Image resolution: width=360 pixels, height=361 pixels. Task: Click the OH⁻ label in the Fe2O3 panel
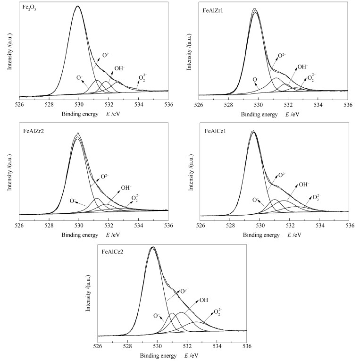(119, 68)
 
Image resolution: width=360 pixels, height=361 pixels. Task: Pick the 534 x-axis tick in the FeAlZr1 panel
(318, 104)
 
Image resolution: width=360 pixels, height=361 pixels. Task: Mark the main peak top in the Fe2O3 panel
(78, 6)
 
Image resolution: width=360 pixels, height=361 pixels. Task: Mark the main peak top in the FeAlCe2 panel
(152, 247)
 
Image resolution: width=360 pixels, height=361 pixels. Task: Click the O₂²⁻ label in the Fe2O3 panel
(142, 78)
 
